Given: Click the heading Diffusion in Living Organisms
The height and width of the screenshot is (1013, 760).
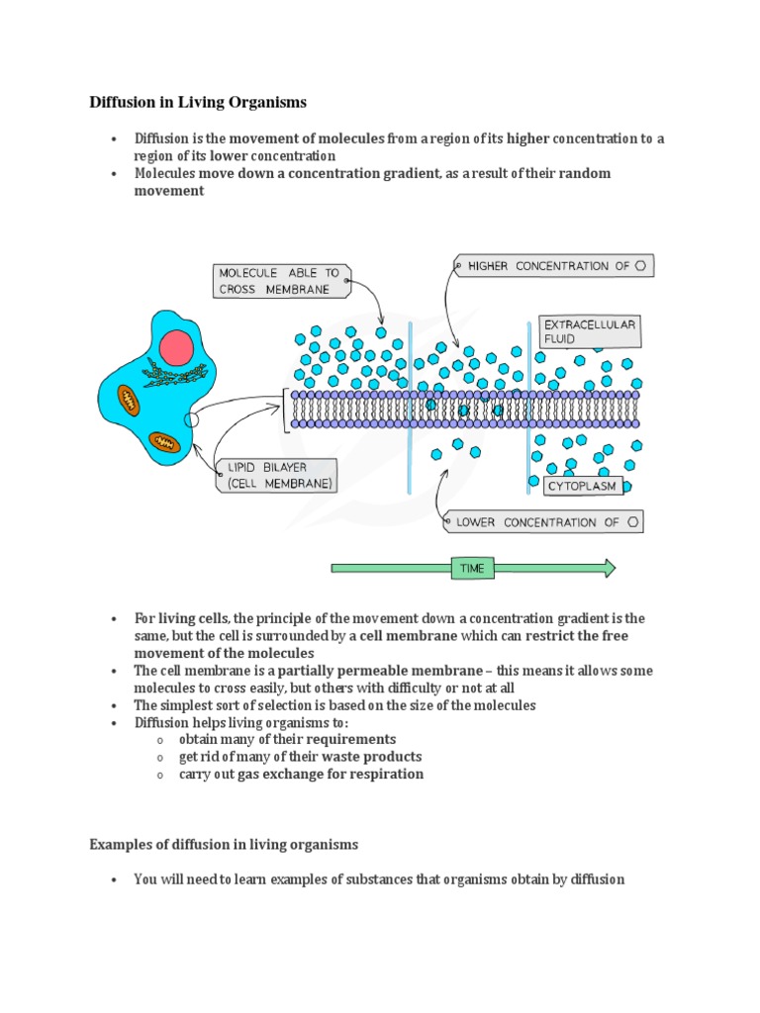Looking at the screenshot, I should coord(198,102).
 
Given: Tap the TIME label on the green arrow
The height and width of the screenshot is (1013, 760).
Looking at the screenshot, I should coord(472,569).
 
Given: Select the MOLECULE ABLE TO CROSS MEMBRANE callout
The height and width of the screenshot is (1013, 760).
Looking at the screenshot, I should coord(280,281).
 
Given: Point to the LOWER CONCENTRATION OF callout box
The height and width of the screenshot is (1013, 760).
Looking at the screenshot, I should coord(543,521).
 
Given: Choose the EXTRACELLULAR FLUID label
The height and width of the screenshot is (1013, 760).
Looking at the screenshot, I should coord(588,331).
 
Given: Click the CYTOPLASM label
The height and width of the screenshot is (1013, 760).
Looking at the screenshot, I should coord(583,486).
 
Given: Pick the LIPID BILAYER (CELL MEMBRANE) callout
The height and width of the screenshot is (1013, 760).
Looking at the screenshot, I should coord(276,476).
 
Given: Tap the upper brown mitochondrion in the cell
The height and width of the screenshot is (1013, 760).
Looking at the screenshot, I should coord(130,400).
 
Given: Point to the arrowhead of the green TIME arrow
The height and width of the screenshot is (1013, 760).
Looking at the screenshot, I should coord(609,569).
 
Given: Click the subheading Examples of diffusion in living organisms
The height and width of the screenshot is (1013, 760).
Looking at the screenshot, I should coord(224,845).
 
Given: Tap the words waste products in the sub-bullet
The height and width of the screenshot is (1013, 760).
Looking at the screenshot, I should coord(366,757).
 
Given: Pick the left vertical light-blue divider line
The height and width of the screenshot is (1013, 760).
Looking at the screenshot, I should coord(409,406).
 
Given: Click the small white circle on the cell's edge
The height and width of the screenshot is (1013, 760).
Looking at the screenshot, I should coord(192,419).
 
